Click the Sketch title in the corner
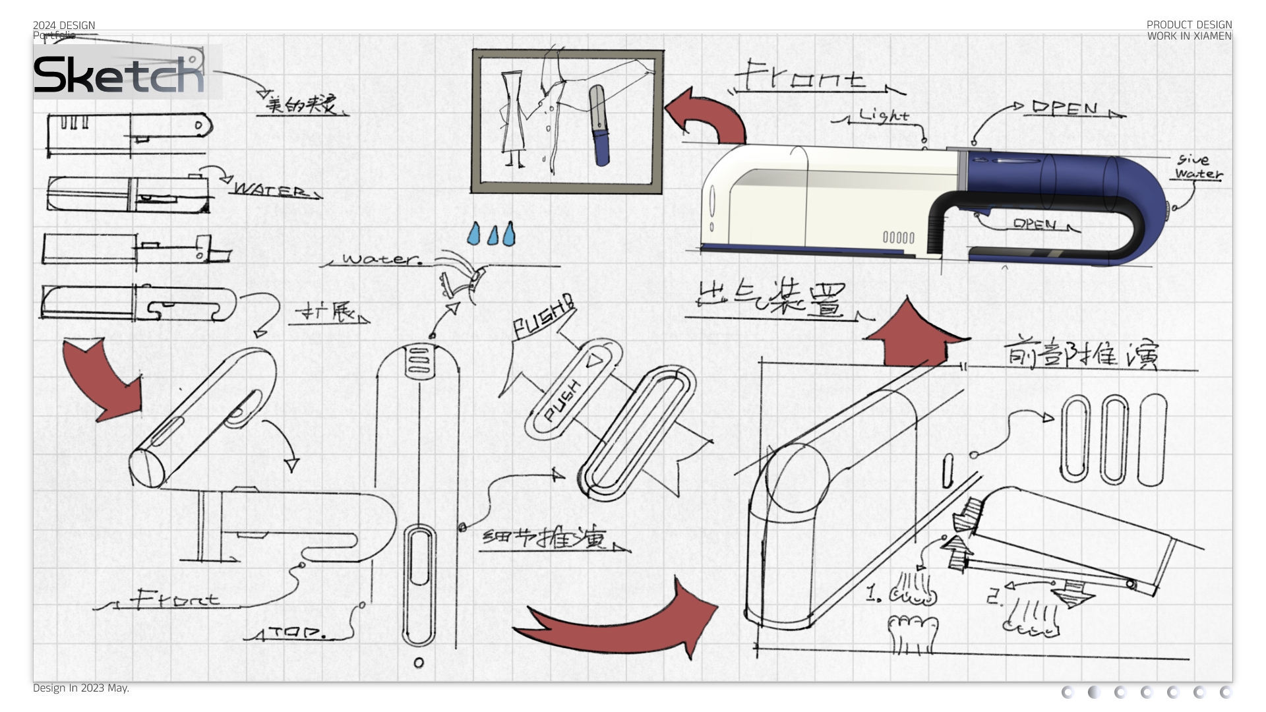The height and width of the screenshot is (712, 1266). (x=119, y=74)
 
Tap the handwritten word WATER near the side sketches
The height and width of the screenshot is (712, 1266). (x=270, y=190)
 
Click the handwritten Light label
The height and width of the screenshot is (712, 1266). (x=884, y=115)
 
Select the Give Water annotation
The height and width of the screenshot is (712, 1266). (x=1197, y=167)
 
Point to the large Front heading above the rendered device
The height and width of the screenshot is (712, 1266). (x=801, y=77)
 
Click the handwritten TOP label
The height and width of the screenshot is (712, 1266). (x=297, y=633)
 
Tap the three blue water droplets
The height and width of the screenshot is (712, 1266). (x=491, y=234)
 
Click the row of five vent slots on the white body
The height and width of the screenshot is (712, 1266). (x=898, y=237)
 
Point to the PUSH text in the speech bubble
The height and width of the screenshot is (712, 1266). (x=542, y=318)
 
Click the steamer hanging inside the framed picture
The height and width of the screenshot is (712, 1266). (x=599, y=125)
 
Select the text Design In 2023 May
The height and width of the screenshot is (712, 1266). (x=80, y=688)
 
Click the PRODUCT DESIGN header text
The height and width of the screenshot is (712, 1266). (x=1189, y=25)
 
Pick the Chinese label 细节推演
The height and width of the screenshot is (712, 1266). (x=545, y=539)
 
